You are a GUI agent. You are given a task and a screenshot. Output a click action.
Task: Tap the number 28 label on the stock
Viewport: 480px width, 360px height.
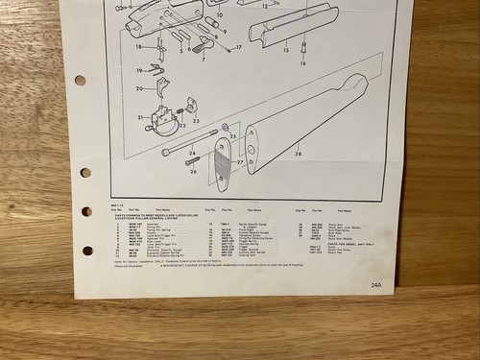coord(298,154)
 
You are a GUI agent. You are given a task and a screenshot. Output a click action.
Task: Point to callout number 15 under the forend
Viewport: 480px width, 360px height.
coord(284,47)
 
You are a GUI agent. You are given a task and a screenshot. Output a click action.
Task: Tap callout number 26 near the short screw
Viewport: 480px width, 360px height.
coord(193,173)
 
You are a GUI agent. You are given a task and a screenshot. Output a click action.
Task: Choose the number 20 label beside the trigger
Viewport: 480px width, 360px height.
coord(140,88)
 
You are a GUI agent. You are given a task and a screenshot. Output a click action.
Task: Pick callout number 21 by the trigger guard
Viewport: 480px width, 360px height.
coord(140,117)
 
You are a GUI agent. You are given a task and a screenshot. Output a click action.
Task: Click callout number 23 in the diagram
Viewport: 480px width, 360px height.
coord(196,121)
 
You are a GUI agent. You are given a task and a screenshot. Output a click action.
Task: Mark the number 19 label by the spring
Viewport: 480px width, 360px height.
coord(139,69)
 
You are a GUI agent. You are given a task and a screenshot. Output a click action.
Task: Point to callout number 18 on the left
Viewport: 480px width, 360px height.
coord(138,46)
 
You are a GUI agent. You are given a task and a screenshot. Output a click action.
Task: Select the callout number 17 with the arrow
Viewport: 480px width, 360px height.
coord(238,47)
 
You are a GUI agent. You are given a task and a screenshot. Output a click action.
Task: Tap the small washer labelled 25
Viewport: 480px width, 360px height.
coord(224,127)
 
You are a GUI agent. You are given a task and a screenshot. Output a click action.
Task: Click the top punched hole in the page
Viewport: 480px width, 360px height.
coord(80,81)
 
